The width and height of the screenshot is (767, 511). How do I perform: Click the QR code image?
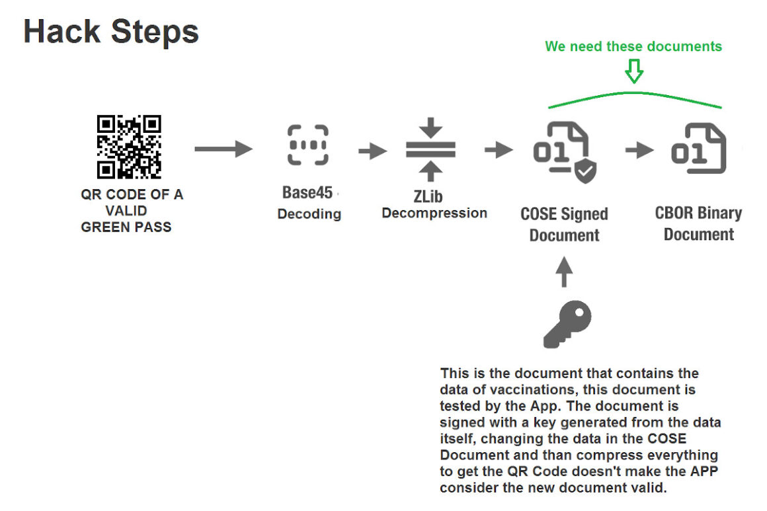130,147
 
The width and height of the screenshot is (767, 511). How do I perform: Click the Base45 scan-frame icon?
308,145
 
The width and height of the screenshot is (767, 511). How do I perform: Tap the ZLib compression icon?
430,150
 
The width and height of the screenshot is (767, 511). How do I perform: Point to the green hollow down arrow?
634,70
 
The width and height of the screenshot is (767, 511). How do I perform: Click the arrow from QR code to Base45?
223,149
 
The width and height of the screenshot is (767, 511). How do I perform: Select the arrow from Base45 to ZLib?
373,151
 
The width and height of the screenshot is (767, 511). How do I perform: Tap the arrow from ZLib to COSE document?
499,150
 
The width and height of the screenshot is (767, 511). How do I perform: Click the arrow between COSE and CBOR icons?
639,151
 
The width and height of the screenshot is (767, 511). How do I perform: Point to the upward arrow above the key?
563,272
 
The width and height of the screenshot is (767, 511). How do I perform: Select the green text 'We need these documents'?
633,46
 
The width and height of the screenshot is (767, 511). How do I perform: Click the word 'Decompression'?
434,214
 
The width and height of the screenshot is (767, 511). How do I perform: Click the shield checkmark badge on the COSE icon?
585,172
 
